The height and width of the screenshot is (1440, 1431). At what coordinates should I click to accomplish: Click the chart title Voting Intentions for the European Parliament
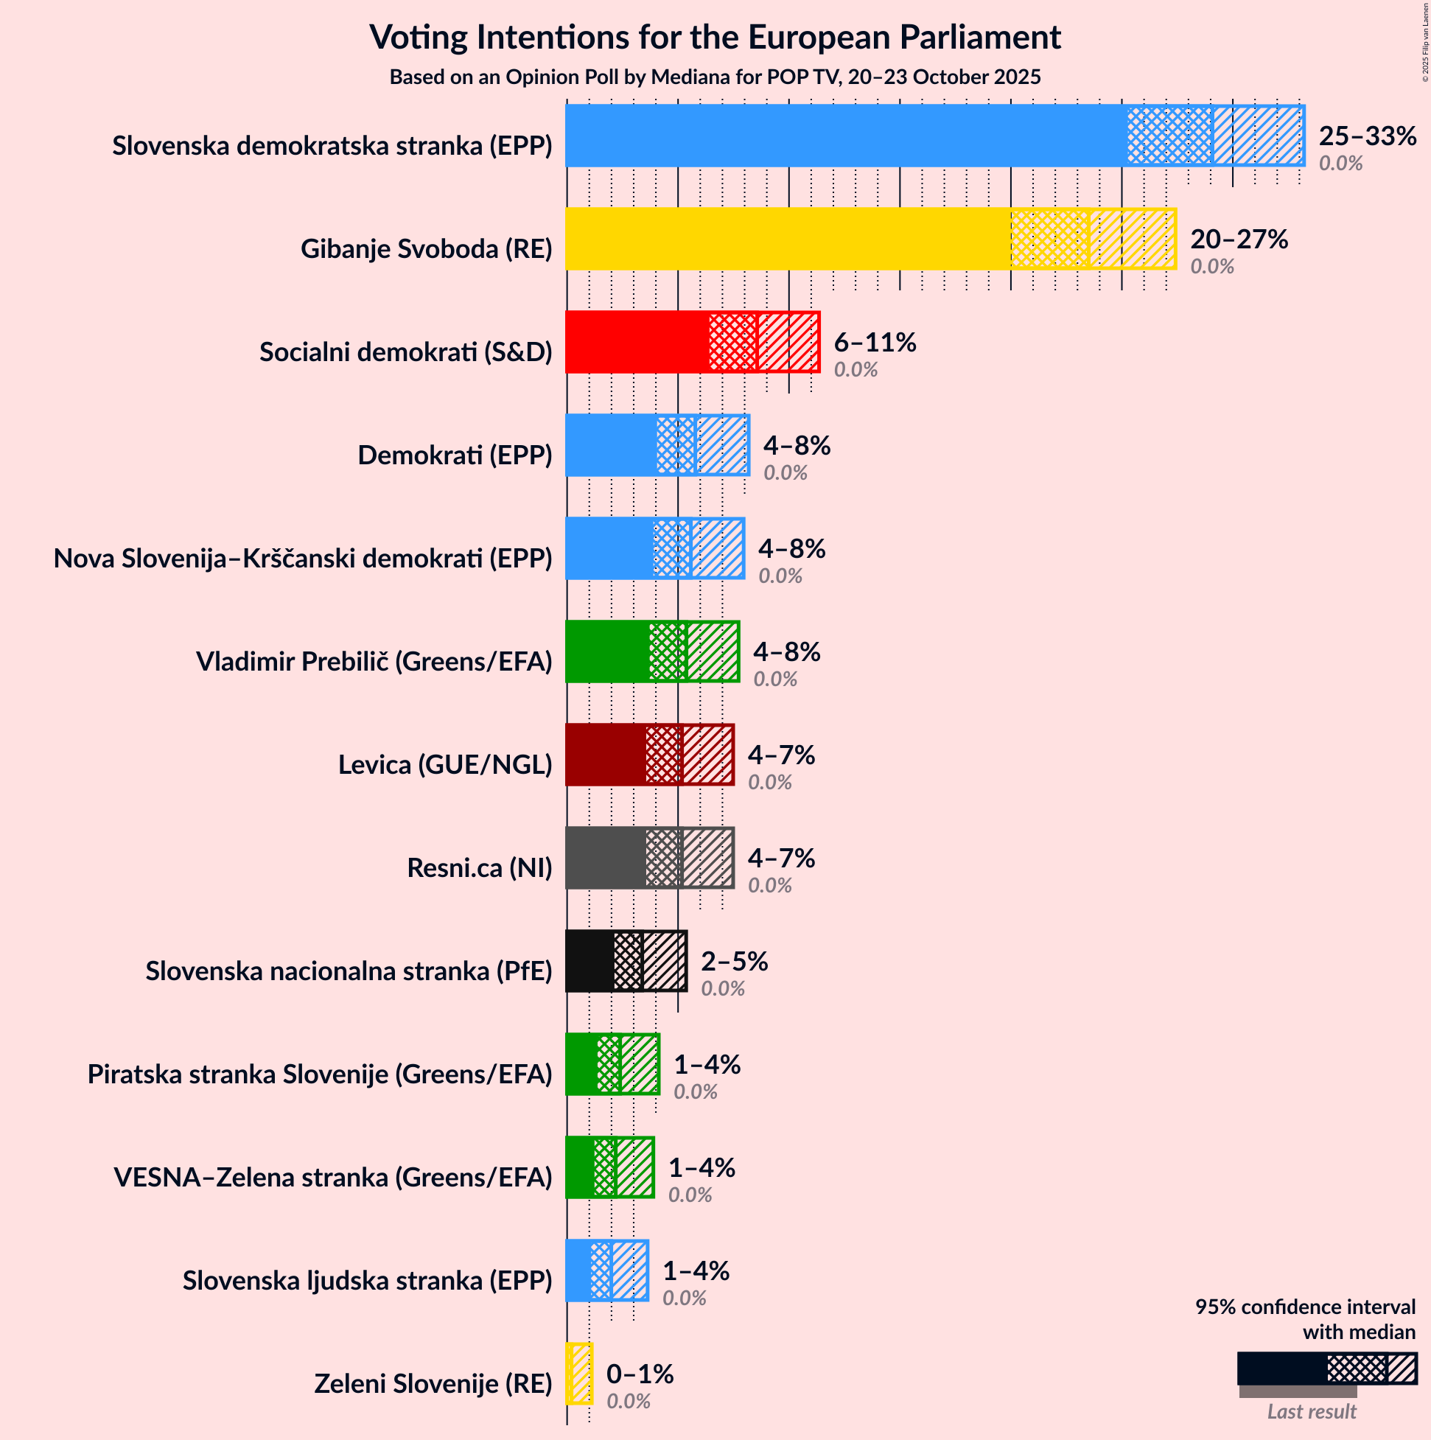pyautogui.click(x=715, y=38)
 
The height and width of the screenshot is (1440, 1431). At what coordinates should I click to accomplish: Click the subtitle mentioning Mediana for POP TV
pyautogui.click(x=715, y=77)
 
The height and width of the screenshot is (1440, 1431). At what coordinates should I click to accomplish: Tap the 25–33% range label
pyautogui.click(x=1367, y=136)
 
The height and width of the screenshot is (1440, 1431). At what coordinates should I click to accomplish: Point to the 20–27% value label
pyautogui.click(x=1238, y=240)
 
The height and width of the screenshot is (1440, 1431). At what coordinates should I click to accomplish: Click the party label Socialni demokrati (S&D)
pyautogui.click(x=405, y=352)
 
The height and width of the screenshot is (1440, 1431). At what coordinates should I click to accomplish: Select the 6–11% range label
pyautogui.click(x=874, y=343)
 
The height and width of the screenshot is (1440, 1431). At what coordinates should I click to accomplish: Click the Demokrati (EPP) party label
pyautogui.click(x=455, y=455)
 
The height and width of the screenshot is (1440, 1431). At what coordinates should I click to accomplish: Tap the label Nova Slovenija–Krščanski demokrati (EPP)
pyautogui.click(x=303, y=559)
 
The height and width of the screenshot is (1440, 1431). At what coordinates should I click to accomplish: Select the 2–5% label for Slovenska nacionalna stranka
pyautogui.click(x=733, y=962)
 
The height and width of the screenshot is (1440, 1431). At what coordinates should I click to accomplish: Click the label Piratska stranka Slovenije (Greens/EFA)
pyautogui.click(x=320, y=1074)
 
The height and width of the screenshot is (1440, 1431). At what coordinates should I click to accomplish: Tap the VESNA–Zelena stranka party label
pyautogui.click(x=332, y=1178)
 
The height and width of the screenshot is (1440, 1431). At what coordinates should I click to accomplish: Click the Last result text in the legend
pyautogui.click(x=1311, y=1412)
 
